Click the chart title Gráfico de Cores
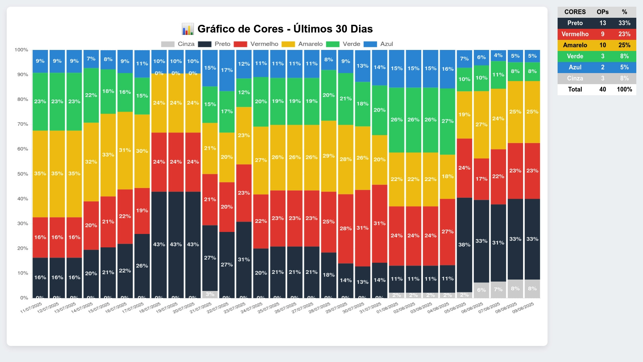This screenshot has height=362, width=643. tap(285, 29)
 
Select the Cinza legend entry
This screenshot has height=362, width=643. tap(177, 44)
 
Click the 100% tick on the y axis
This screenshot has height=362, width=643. tap(21, 50)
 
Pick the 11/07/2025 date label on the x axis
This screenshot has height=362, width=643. tap(31, 307)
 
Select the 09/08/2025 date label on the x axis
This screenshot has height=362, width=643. tap(523, 307)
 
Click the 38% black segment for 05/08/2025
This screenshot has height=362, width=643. tap(464, 245)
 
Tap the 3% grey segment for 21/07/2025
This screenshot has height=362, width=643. tap(210, 294)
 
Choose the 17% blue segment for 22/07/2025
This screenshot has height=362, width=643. tap(227, 70)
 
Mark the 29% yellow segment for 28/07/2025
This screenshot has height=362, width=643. tap(329, 156)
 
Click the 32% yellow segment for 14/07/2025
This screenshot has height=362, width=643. tap(91, 162)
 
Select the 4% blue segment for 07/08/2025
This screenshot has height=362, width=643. tap(498, 55)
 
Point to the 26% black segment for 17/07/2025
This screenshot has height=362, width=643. tap(142, 265)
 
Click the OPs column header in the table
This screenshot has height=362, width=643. tap(602, 12)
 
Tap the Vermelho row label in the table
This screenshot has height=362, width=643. tap(575, 34)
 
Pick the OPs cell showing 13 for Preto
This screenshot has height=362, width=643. tap(602, 23)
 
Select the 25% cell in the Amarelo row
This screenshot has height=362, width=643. tap(624, 45)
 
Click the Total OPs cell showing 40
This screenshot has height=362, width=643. tap(602, 89)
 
